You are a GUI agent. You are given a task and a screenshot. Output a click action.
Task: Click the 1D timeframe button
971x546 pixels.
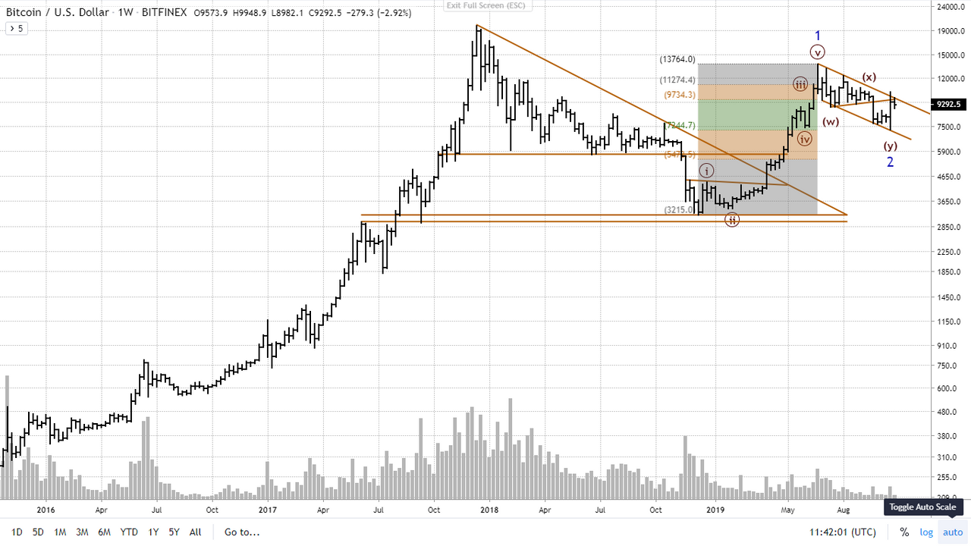pos(17,532)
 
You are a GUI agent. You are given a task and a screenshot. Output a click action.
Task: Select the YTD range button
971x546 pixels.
pos(128,532)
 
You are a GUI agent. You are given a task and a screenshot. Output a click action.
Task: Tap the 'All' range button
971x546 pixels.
pos(195,532)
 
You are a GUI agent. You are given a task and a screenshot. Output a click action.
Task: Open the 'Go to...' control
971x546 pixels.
pos(241,532)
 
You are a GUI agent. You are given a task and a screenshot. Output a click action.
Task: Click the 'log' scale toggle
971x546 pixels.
pos(926,532)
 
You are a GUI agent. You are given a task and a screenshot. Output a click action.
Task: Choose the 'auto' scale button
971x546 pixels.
pos(952,532)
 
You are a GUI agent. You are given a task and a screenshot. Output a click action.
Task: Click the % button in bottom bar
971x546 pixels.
pos(904,532)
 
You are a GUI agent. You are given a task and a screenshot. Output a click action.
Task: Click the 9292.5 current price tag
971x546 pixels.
pos(949,104)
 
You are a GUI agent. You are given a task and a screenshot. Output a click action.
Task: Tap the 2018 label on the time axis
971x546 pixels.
pos(489,510)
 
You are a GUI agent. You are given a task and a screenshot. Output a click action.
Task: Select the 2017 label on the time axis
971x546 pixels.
pos(267,510)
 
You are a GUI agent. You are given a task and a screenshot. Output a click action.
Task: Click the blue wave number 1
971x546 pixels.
pos(818,36)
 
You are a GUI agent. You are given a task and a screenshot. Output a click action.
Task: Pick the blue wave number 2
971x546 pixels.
pos(891,162)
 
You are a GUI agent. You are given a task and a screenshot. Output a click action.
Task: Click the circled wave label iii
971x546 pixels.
pos(800,83)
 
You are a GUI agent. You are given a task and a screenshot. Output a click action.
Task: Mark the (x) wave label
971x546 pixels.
pos(869,77)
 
